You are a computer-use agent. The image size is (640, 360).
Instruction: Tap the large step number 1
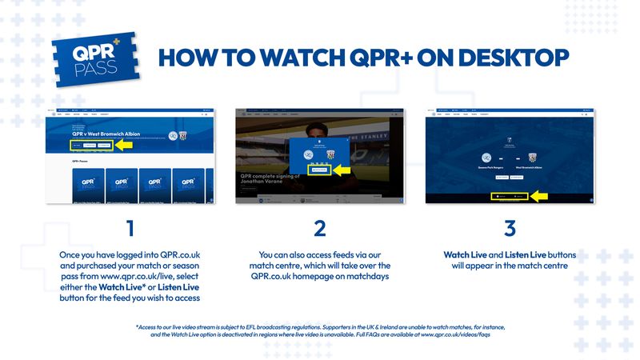coord(130,228)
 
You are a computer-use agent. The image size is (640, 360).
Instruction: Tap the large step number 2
coord(320,228)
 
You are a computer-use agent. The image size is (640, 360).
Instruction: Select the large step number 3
coord(510,228)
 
